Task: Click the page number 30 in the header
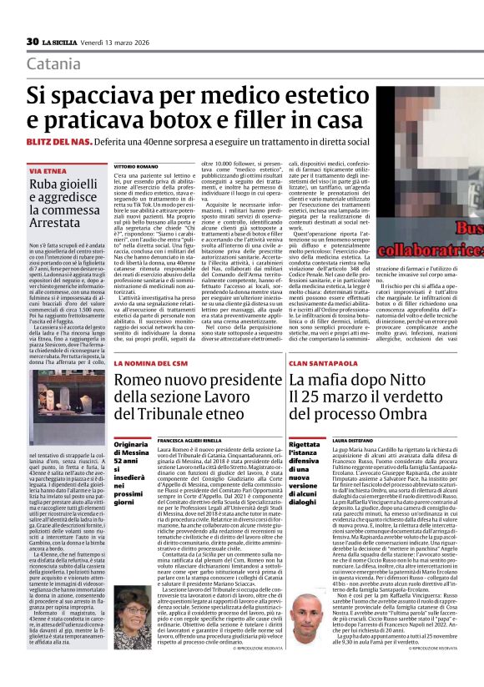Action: coord(33,42)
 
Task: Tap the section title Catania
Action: coord(53,64)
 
